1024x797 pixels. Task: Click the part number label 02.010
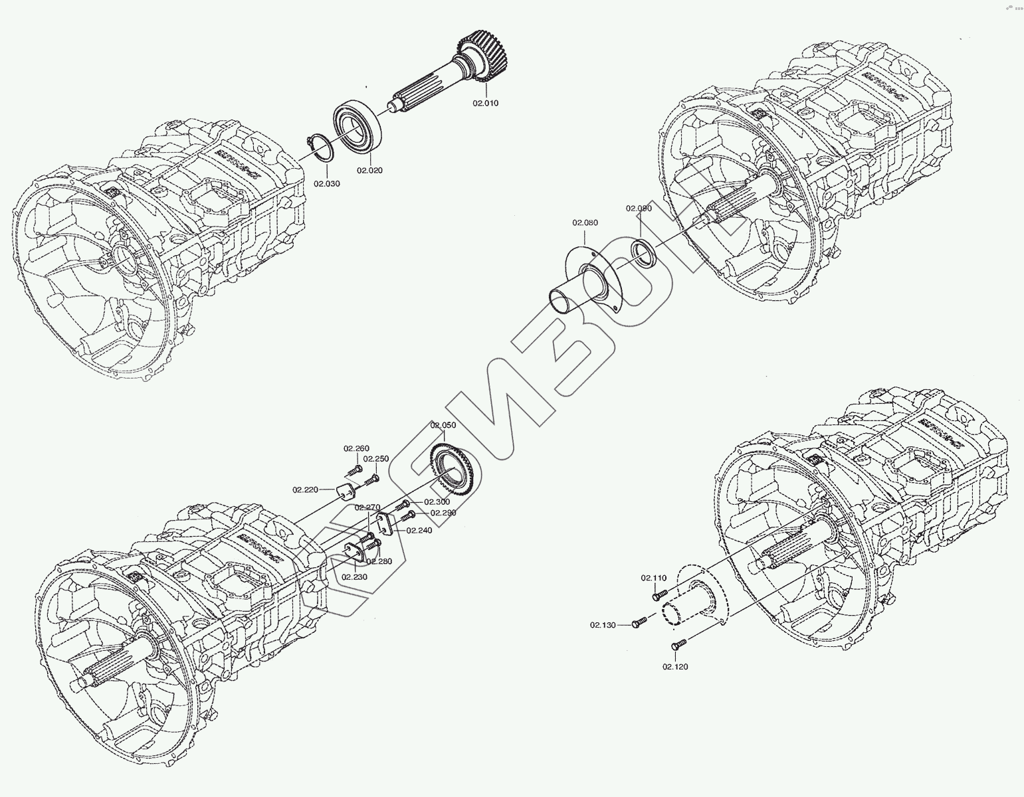click(485, 104)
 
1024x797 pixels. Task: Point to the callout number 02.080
click(585, 222)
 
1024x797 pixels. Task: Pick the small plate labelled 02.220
click(344, 491)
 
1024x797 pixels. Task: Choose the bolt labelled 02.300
click(403, 506)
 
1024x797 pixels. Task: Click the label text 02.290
click(443, 513)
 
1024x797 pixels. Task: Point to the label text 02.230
click(355, 577)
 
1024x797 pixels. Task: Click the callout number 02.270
click(367, 507)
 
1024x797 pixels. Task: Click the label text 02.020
click(369, 170)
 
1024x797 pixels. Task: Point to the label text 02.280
click(379, 561)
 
